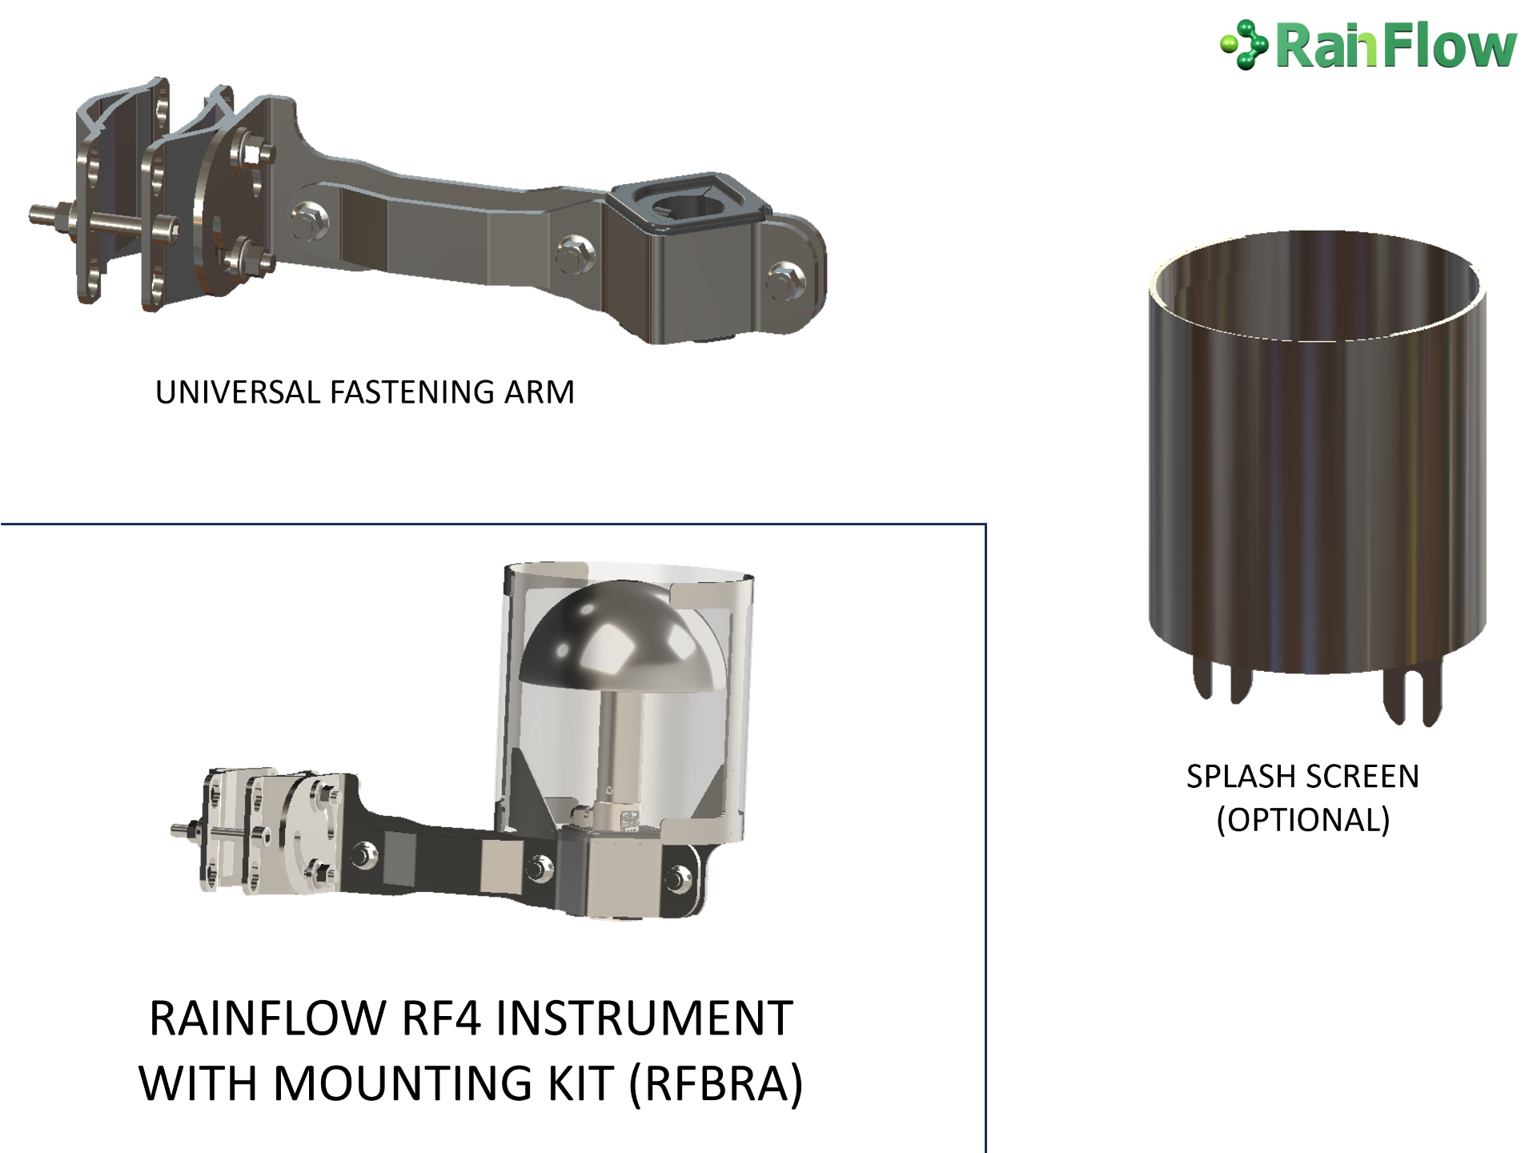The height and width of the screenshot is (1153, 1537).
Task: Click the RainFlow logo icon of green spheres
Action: coord(1243,45)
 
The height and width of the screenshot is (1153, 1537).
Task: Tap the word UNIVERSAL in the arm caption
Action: coord(239,392)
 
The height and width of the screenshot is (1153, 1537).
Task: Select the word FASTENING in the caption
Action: coord(413,392)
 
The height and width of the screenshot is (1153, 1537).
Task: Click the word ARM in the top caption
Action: coord(540,392)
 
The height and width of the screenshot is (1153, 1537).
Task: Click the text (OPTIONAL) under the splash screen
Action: coord(1303,820)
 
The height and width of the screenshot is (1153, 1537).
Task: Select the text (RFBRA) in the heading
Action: coord(716,1083)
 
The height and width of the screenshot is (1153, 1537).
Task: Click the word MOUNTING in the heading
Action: coord(404,1083)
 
